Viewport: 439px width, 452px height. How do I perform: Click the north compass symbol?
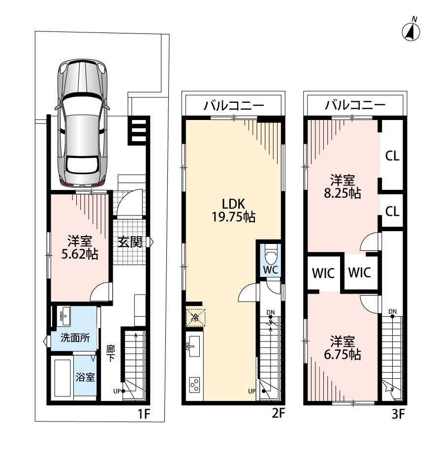pyautogui.click(x=411, y=31)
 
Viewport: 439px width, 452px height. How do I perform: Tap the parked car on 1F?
pyautogui.click(x=83, y=124)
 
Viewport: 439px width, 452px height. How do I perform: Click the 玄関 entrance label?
pyautogui.click(x=130, y=242)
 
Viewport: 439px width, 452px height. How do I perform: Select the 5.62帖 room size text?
pyautogui.click(x=80, y=254)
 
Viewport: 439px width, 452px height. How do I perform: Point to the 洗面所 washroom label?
pyautogui.click(x=75, y=337)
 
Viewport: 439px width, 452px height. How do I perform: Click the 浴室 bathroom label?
pyautogui.click(x=85, y=377)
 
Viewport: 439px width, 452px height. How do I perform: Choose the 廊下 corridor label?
pyautogui.click(x=110, y=354)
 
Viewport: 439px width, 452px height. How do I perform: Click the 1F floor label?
pyautogui.click(x=144, y=414)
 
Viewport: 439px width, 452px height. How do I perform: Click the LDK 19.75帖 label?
pyautogui.click(x=233, y=211)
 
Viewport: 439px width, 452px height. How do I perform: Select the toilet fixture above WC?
pyautogui.click(x=271, y=254)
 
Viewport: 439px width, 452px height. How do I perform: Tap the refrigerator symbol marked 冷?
pyautogui.click(x=195, y=318)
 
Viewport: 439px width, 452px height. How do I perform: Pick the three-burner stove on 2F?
pyautogui.click(x=194, y=385)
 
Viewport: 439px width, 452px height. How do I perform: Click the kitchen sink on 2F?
pyautogui.click(x=192, y=346)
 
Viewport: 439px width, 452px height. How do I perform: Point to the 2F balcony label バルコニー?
pyautogui.click(x=234, y=106)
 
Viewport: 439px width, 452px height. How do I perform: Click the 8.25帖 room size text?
pyautogui.click(x=343, y=193)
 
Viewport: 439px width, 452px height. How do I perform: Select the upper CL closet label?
pyautogui.click(x=392, y=156)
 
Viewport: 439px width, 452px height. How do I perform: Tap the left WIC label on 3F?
pyautogui.click(x=323, y=273)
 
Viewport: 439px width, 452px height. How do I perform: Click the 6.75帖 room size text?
pyautogui.click(x=343, y=354)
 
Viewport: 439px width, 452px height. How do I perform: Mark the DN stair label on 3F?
pyautogui.click(x=392, y=311)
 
